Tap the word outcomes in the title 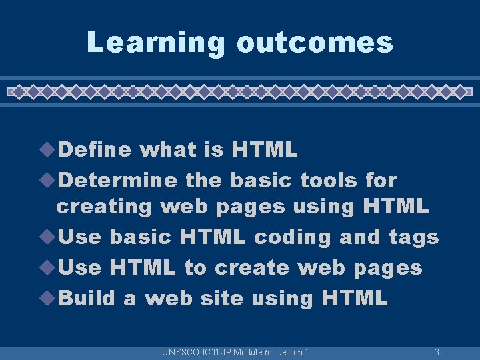coord(315,42)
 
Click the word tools coord(329,180)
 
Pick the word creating coord(105,207)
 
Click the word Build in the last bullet coord(87,298)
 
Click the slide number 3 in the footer coord(437,352)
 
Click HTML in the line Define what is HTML coord(264,150)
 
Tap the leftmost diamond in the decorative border coord(20,91)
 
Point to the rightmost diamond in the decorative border coord(460,91)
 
